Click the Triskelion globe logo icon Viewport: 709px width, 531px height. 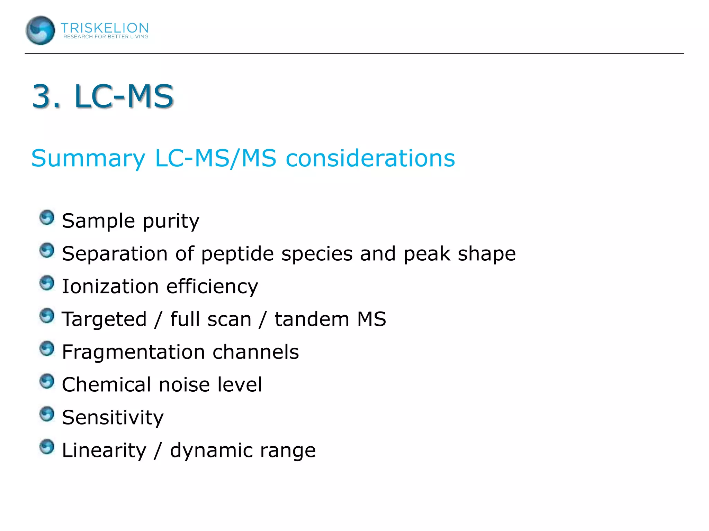(x=40, y=30)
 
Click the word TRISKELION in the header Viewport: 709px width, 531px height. (x=105, y=28)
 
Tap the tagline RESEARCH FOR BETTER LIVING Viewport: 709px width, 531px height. (x=106, y=37)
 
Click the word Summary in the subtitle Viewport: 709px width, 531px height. (x=88, y=159)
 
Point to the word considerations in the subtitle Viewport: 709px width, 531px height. (x=370, y=158)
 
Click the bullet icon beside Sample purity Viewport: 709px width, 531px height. (x=47, y=217)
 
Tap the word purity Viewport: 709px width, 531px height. (x=171, y=221)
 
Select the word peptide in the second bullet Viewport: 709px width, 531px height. (x=237, y=254)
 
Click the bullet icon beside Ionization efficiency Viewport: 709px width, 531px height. (x=47, y=283)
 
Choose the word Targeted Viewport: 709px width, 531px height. (x=104, y=319)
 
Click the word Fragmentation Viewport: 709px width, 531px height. (x=133, y=352)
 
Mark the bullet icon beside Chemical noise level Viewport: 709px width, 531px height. (x=47, y=381)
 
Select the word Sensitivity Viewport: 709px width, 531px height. (x=113, y=418)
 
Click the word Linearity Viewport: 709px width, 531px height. (x=104, y=450)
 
